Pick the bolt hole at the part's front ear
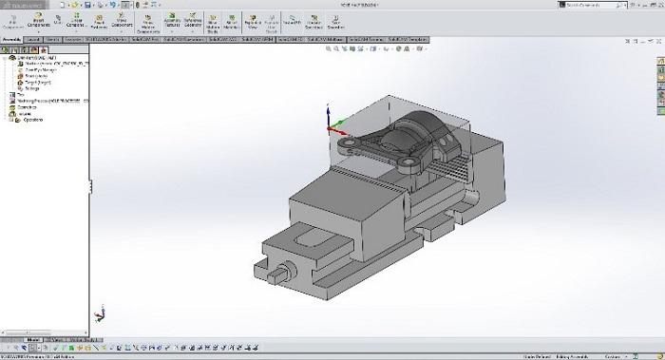[408, 167]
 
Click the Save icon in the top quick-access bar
[87, 6]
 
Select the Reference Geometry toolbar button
[192, 21]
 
